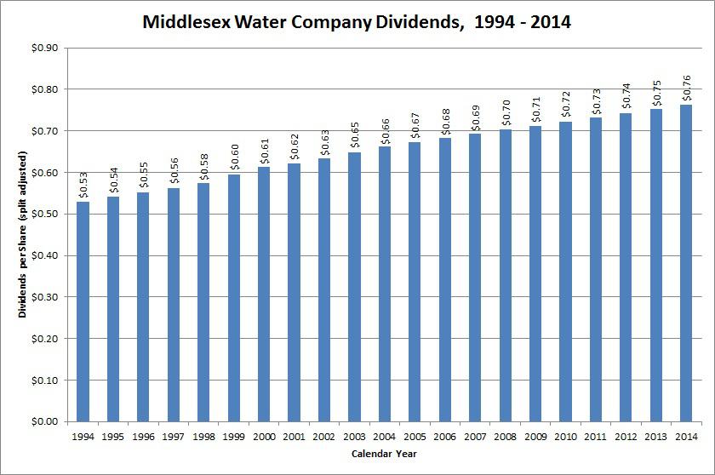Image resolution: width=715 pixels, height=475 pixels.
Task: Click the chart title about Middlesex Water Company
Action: coord(357,20)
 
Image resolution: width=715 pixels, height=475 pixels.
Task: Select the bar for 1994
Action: coord(83,312)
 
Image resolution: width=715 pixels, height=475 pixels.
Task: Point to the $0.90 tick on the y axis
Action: coord(43,48)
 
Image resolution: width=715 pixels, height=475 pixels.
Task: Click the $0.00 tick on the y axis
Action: coord(43,421)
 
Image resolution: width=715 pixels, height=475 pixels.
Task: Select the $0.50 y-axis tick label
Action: coord(43,214)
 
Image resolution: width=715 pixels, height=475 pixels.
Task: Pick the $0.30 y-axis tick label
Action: coord(43,297)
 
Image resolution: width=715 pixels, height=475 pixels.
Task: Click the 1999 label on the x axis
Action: coord(234,436)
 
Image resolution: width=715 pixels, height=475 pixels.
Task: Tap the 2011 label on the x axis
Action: coord(595,436)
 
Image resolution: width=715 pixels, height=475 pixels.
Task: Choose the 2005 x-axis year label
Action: coord(415,436)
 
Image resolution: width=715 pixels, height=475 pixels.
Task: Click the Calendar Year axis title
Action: coord(385,454)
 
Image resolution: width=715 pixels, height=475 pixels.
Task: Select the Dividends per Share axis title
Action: coord(23,234)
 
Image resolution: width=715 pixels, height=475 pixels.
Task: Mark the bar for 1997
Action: coord(174,305)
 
